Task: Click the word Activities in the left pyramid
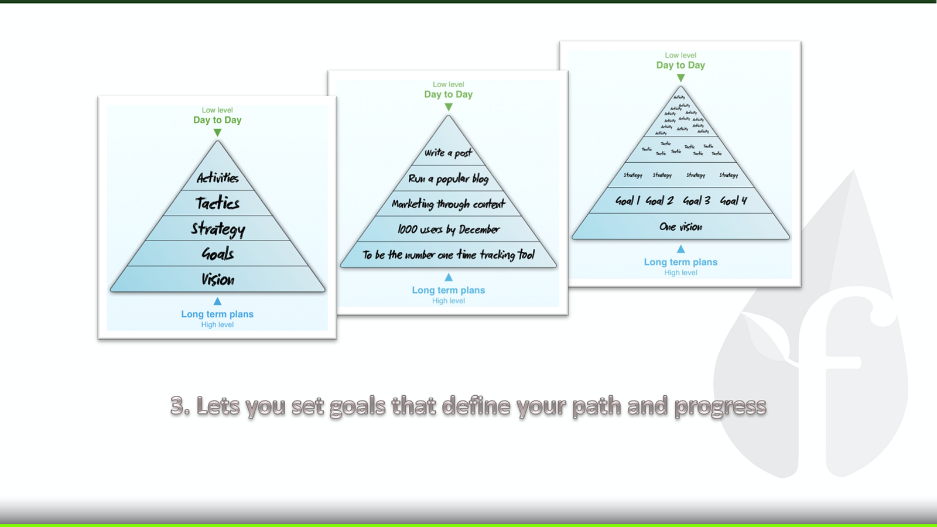[217, 177]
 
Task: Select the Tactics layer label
[217, 203]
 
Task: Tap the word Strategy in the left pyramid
[218, 229]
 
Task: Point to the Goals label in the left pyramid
[218, 254]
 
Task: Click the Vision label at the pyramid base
[218, 279]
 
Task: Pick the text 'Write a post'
[448, 153]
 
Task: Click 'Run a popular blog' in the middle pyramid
[448, 179]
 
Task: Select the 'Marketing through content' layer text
[448, 204]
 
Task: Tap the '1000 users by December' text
[448, 230]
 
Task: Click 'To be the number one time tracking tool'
[448, 255]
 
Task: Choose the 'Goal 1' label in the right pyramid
[627, 201]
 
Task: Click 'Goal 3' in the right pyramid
[696, 201]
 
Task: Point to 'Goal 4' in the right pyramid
[733, 201]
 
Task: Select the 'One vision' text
[680, 227]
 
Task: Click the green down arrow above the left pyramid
[217, 133]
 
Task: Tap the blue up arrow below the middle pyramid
[449, 277]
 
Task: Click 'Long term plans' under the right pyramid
[680, 262]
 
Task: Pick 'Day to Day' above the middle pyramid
[448, 94]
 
